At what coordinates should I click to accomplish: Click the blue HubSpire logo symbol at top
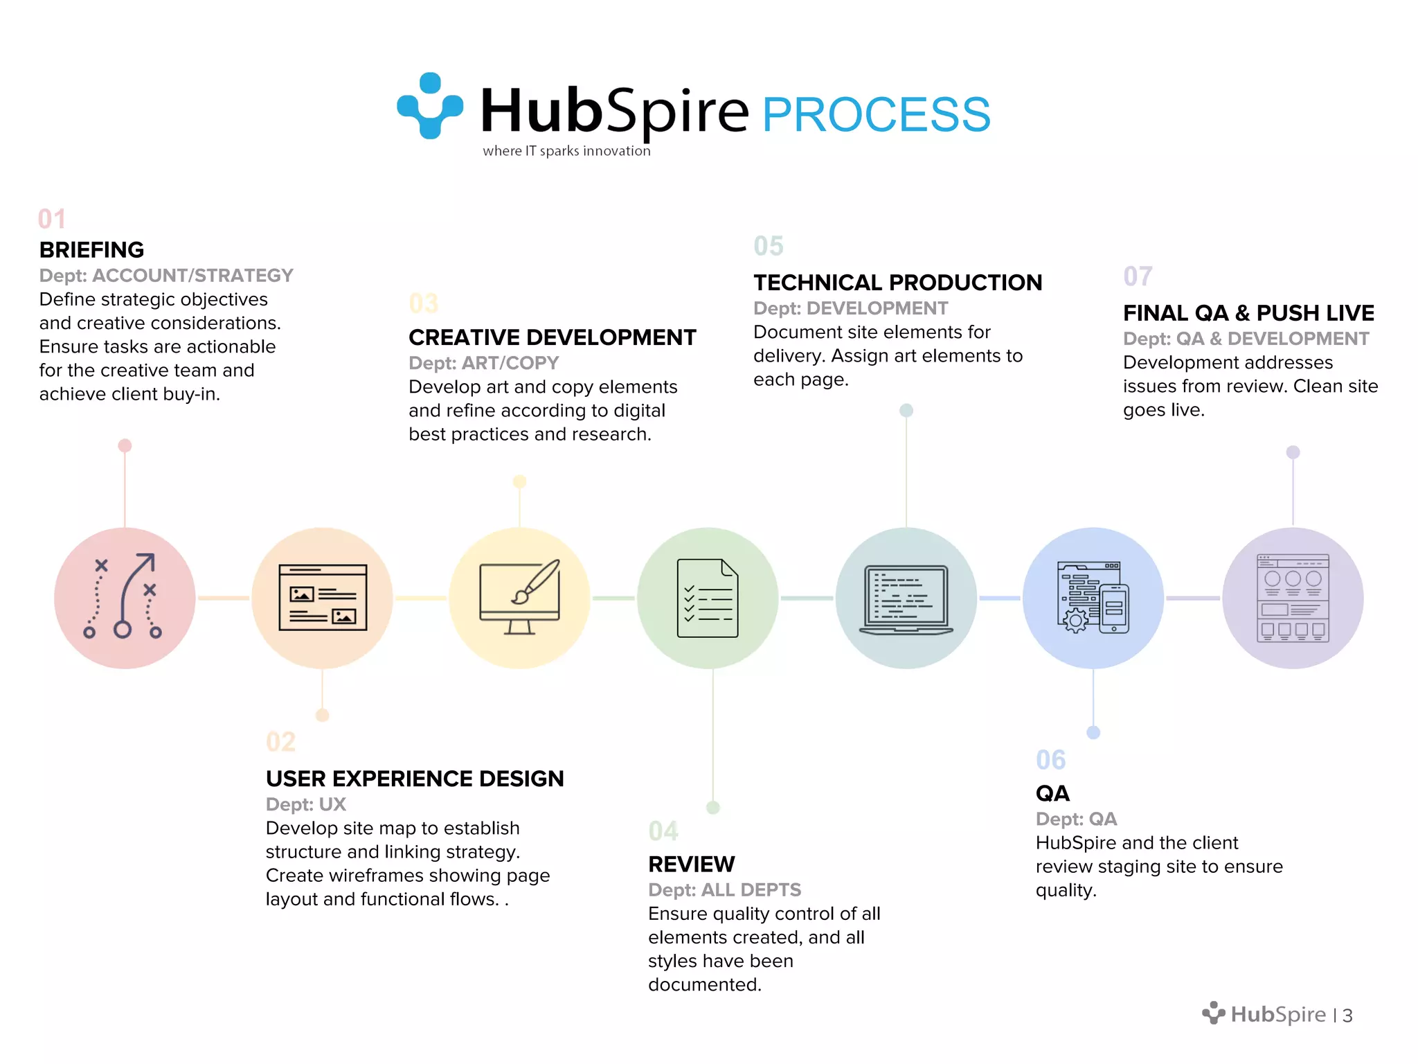coord(430,105)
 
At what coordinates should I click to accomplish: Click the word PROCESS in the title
coord(876,115)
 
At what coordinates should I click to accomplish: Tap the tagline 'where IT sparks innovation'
coord(566,151)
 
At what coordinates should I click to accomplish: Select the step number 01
coord(52,219)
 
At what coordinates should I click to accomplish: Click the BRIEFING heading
coord(91,249)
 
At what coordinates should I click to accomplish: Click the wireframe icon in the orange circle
coord(323,597)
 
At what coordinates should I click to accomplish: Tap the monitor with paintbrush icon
coord(520,597)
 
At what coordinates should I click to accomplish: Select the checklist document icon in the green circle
coord(708,597)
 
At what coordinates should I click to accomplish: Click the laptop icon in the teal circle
coord(906,598)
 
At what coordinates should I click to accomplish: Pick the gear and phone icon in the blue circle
coord(1093,597)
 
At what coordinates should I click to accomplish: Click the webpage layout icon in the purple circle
coord(1293,598)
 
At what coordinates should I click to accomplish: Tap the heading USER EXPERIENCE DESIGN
coord(415,779)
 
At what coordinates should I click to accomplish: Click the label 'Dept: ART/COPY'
coord(483,363)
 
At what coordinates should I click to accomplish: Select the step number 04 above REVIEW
coord(663,831)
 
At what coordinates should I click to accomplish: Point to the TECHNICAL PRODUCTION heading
coord(897,283)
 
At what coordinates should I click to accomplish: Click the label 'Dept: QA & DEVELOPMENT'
coord(1246,339)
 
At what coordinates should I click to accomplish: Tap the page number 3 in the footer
coord(1347,1016)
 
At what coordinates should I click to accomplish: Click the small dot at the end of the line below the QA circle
coord(1093,732)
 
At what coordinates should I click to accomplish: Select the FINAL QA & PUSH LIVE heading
coord(1248,313)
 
